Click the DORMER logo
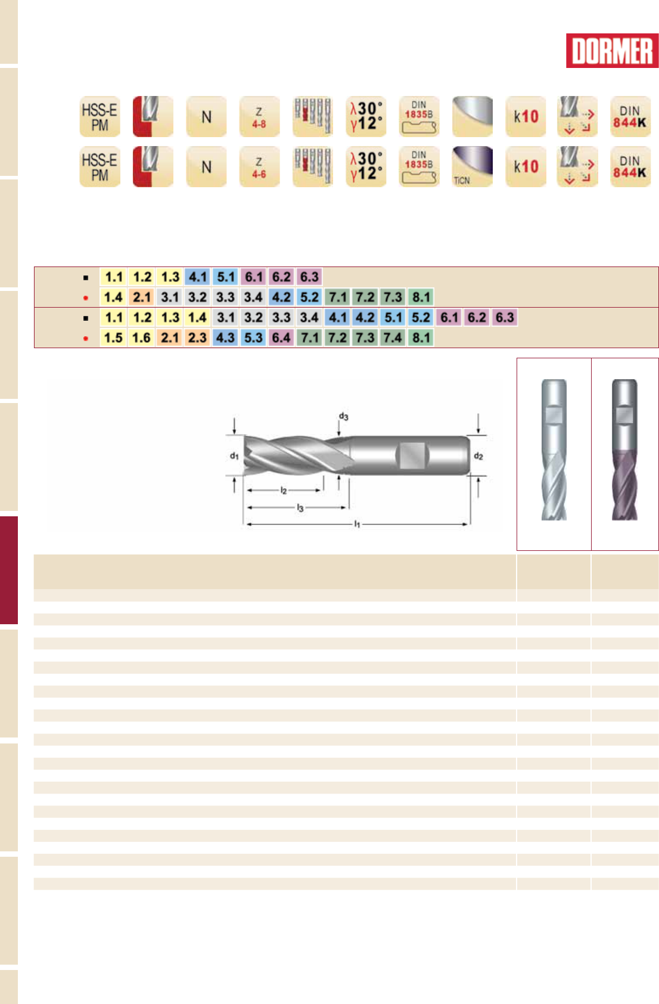pos(612,51)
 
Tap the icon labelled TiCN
pos(472,166)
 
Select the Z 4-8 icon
pos(259,116)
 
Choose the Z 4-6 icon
pos(259,167)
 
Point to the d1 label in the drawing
pos(234,456)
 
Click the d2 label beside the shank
pos(478,456)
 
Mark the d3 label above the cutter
pos(344,416)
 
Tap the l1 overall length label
pos(357,523)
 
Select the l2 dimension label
pos(284,490)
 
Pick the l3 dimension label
pos(300,507)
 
